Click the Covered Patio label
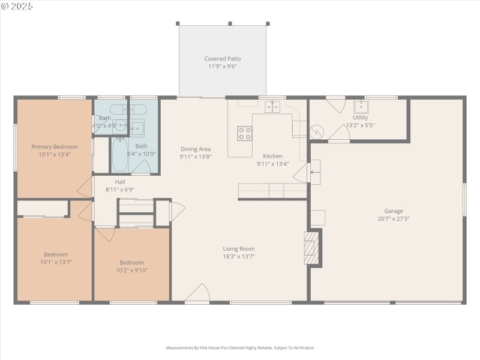[223, 59]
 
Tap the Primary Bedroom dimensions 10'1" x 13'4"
[55, 155]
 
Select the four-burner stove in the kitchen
[245, 133]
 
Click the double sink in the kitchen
[273, 107]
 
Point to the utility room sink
[361, 107]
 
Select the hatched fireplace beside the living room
[311, 248]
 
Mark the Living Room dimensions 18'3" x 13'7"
[239, 256]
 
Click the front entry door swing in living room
[197, 294]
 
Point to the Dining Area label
[195, 149]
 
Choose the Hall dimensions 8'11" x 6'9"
[120, 190]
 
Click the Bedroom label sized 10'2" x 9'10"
[131, 262]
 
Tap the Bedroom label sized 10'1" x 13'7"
[55, 254]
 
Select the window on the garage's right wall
[464, 199]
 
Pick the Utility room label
[361, 118]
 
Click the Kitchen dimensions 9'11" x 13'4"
[272, 164]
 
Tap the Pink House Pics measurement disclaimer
[239, 347]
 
